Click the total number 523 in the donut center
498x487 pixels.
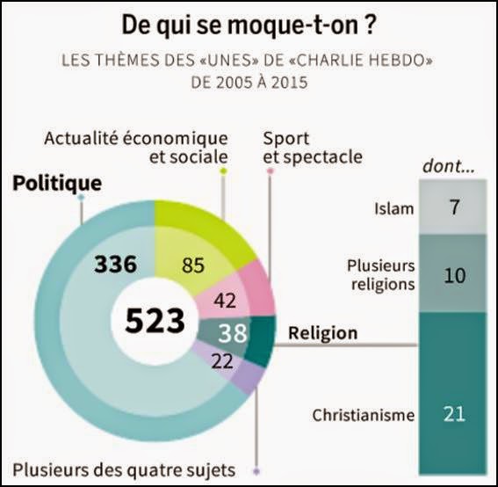pos(155,322)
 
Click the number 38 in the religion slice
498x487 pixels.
pos(232,332)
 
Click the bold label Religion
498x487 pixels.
pos(322,333)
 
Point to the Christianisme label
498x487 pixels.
pos(364,415)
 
